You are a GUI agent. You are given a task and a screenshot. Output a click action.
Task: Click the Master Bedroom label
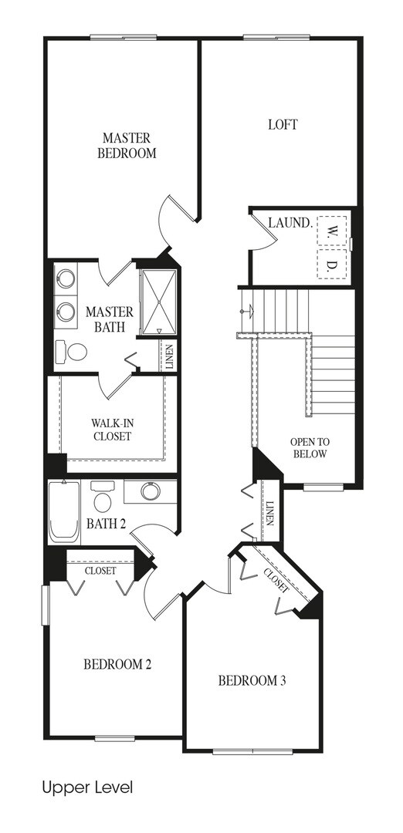[x=130, y=146]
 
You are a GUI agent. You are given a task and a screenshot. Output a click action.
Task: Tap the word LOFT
[x=283, y=125]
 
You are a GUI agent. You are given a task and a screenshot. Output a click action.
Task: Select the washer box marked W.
[x=332, y=231]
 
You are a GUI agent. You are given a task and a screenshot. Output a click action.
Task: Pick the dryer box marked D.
[x=332, y=264]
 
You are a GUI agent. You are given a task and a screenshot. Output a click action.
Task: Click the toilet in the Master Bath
[x=73, y=352]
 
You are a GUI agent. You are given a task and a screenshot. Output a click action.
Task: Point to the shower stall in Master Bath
[x=158, y=302]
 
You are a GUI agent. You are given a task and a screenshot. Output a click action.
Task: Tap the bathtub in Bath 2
[x=64, y=511]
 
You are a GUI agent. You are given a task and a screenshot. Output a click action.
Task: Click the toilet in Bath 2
[x=102, y=497]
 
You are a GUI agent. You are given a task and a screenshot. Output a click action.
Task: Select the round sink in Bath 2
[x=151, y=491]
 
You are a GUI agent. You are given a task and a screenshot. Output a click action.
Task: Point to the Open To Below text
[x=310, y=448]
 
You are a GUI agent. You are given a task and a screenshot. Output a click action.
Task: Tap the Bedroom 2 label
[x=117, y=665]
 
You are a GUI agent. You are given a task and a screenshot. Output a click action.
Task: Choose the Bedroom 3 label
[x=252, y=680]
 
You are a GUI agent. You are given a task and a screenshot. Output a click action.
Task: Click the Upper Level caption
[x=87, y=787]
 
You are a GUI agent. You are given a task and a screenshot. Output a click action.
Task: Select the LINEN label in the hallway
[x=269, y=513]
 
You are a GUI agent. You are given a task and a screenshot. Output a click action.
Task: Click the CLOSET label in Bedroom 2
[x=100, y=571]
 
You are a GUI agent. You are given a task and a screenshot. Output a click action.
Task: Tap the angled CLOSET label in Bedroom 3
[x=276, y=580]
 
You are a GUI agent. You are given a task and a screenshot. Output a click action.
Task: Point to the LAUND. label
[x=290, y=223]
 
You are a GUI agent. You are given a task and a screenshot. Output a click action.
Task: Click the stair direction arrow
[x=248, y=312]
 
